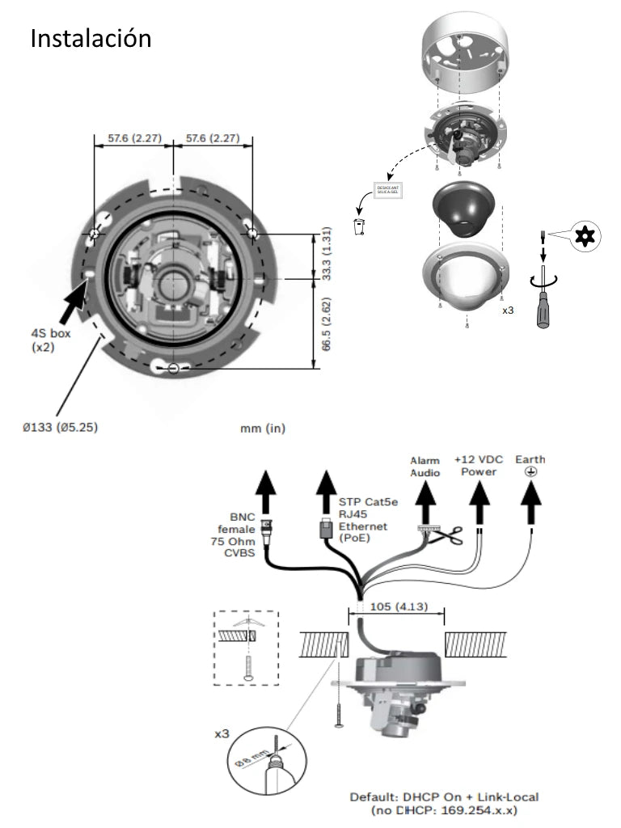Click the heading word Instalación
pos(91,38)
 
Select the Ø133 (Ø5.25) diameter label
pos(61,428)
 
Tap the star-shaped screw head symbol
pos(581,237)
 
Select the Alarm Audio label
pos(425,467)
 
